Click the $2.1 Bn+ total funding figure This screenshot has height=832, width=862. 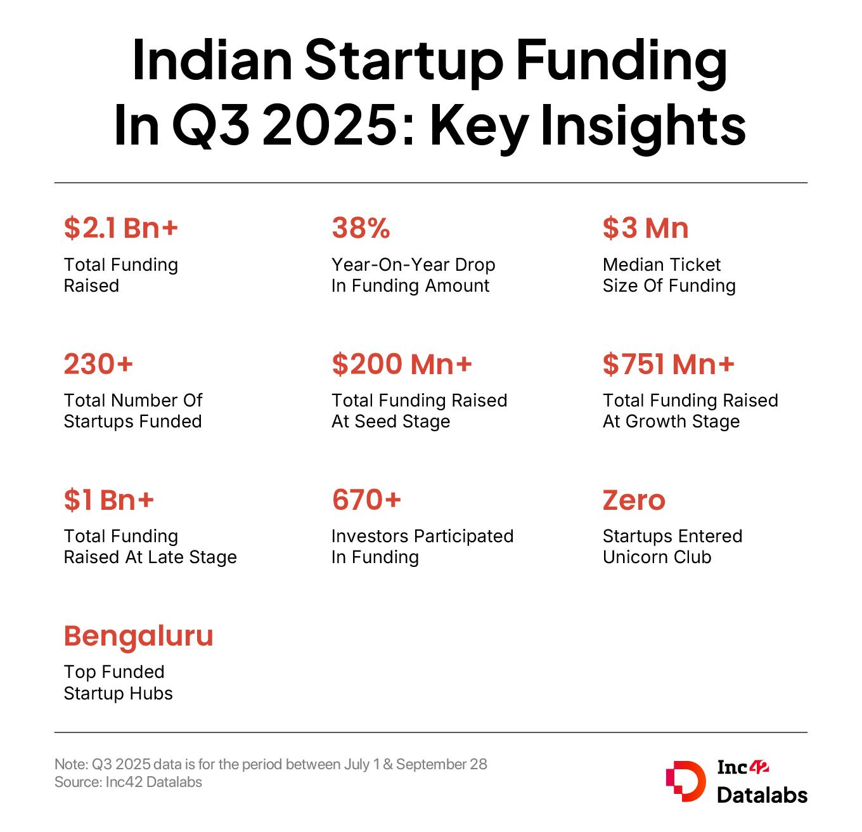coord(120,228)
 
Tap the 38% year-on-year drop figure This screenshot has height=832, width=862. coord(361,228)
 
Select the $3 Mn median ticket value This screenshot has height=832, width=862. coord(645,228)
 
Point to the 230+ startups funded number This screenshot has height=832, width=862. coord(98,364)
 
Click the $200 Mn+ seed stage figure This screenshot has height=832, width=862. coord(402,364)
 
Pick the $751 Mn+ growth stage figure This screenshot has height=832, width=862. coord(668,364)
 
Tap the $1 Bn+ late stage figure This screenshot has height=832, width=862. coord(108,500)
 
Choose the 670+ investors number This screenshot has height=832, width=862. coord(366,500)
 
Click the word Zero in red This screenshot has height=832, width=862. coord(634,500)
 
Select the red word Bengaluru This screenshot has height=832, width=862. coord(138,636)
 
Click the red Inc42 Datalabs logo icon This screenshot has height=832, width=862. coord(685,780)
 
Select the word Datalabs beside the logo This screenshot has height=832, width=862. coord(762,795)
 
